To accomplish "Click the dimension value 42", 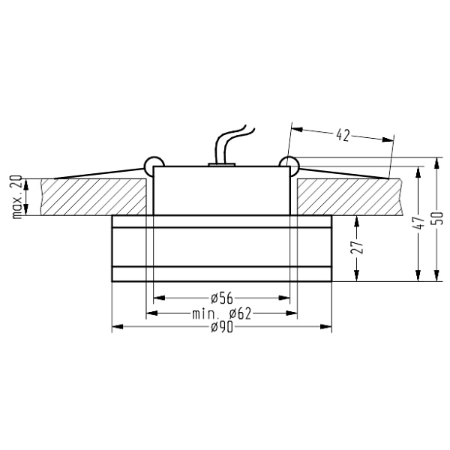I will pos(342,135).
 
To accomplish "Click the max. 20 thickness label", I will pos(16,196).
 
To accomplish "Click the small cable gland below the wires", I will pos(222,161).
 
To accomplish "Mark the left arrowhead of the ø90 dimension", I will pos(115,328).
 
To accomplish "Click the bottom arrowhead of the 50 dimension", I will pos(436,277).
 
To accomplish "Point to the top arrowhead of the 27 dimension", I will pos(358,218).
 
